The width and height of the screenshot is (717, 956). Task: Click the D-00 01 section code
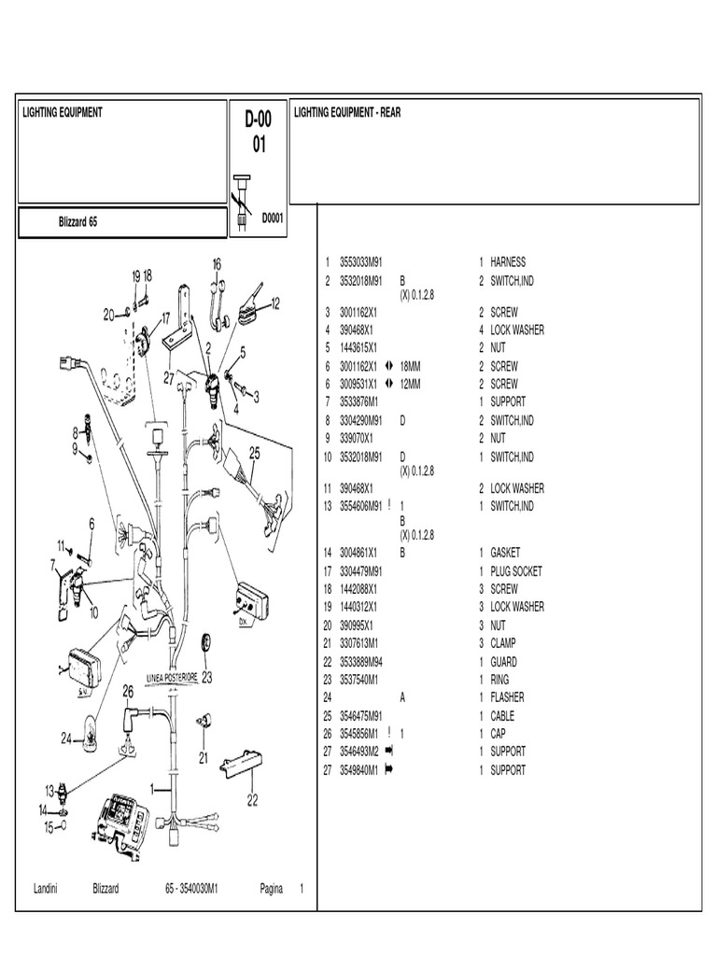(x=259, y=132)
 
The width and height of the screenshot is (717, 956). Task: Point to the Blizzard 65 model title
(x=72, y=223)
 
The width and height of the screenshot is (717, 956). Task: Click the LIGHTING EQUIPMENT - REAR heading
(x=347, y=112)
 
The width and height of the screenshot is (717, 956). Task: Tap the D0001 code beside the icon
(x=273, y=218)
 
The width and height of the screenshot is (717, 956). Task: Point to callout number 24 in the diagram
(x=66, y=738)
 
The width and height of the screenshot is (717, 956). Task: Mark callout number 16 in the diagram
(x=217, y=264)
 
